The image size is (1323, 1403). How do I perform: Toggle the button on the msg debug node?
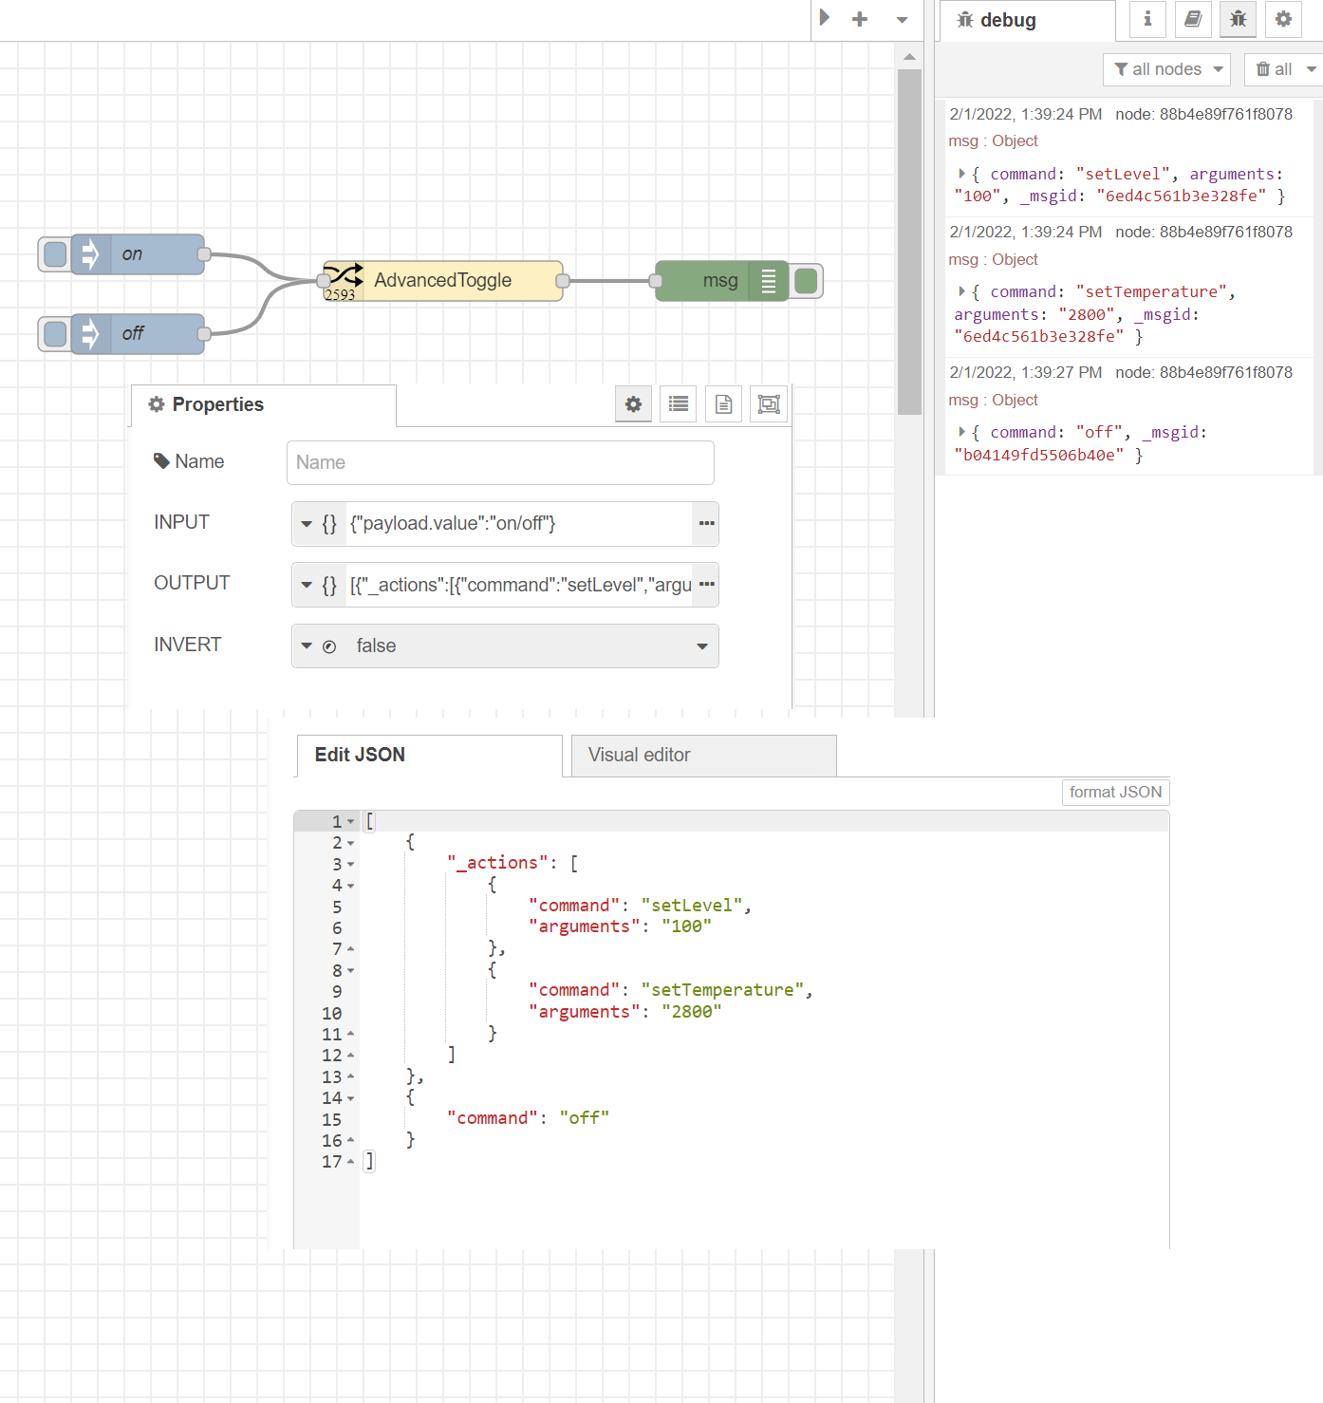pos(807,281)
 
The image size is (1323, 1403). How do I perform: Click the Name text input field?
pos(500,463)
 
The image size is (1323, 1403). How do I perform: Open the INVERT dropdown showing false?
pos(505,646)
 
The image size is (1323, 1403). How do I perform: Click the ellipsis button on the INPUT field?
pos(706,524)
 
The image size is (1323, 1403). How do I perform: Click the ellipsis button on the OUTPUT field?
pos(706,585)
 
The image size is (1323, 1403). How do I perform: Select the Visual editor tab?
pos(702,756)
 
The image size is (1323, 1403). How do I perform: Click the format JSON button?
pos(1115,793)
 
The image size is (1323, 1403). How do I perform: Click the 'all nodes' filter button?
pos(1166,69)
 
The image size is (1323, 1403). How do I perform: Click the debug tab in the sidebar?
pos(1008,21)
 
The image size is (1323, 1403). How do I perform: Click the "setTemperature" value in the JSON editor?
pos(722,990)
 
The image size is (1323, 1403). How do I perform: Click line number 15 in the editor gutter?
pos(331,1119)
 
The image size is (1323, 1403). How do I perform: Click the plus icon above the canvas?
pos(860,19)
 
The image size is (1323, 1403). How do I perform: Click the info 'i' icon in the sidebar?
pos(1147,19)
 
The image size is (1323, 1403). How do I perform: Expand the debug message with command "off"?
pos(961,433)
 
